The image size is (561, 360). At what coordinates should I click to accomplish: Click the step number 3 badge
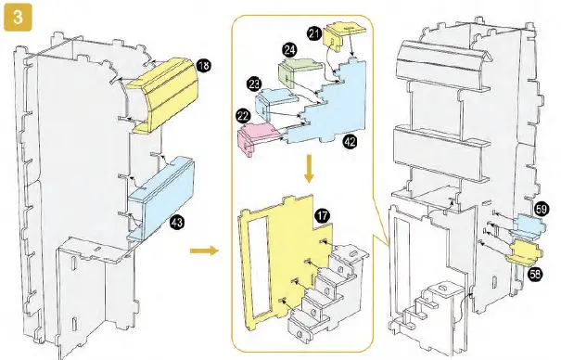tap(18, 18)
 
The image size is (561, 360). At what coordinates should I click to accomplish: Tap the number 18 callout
tap(204, 66)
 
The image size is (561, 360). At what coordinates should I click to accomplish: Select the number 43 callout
tap(177, 223)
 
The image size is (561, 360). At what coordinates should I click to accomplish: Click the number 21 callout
tap(314, 34)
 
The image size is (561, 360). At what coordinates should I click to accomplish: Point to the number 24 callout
tap(289, 50)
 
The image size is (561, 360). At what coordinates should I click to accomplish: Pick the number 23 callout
tap(254, 84)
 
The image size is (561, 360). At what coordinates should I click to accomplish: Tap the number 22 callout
tap(243, 116)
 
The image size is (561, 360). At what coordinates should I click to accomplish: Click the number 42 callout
tap(350, 142)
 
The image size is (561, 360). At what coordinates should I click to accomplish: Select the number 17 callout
tap(323, 216)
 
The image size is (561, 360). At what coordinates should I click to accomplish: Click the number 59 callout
tap(542, 209)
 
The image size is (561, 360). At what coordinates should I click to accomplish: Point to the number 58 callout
tap(535, 275)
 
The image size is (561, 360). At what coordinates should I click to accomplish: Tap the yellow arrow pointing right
tap(204, 251)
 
